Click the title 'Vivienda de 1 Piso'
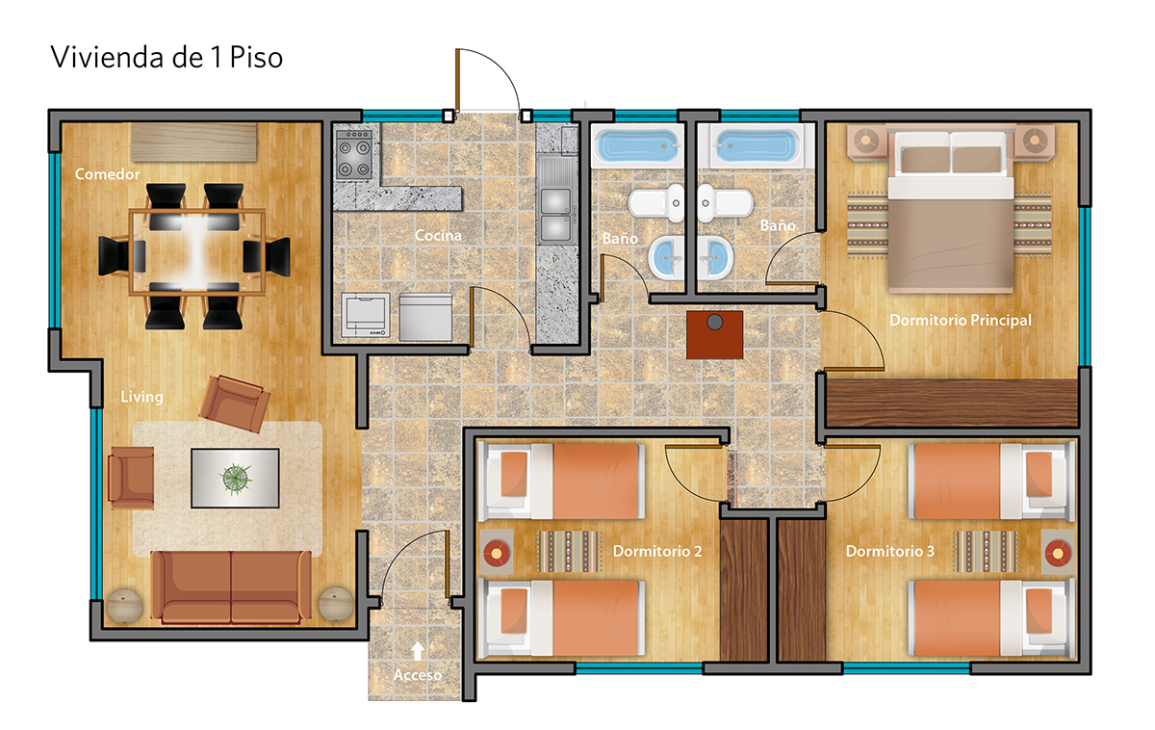click(167, 57)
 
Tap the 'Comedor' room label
click(107, 174)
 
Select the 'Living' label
click(141, 397)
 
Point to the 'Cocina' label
click(438, 236)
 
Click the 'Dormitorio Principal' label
click(961, 321)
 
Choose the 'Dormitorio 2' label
click(657, 552)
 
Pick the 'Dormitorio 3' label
click(890, 552)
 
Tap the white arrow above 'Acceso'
click(418, 651)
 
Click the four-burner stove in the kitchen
click(354, 154)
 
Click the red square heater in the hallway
click(714, 335)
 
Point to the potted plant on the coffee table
click(236, 479)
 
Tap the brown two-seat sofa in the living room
click(231, 587)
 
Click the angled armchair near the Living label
click(235, 404)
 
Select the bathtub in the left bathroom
click(637, 145)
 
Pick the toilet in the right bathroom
click(725, 203)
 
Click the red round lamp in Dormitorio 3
click(1058, 554)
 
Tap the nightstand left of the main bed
click(866, 141)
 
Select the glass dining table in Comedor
click(197, 252)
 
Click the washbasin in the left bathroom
click(667, 257)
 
